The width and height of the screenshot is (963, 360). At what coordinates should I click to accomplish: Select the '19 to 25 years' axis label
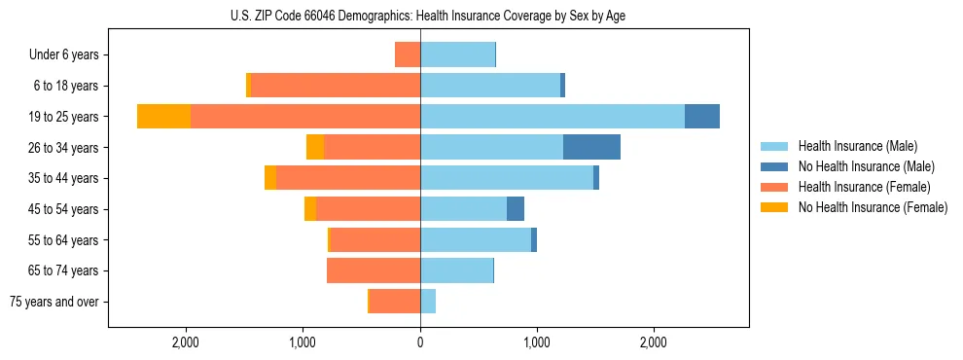click(x=63, y=117)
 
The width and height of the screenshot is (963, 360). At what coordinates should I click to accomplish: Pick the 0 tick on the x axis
click(x=420, y=342)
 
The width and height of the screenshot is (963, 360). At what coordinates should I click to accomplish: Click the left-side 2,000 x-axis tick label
click(x=185, y=342)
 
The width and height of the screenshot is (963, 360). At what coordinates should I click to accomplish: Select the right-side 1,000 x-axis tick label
click(x=537, y=342)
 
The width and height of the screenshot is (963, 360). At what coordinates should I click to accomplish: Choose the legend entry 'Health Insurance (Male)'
click(x=856, y=146)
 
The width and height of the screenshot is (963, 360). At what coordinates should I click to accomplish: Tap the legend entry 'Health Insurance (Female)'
click(x=864, y=187)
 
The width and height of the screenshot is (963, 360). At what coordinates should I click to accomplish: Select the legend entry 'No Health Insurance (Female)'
click(x=873, y=207)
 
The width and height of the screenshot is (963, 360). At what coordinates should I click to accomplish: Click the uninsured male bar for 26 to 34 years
click(x=591, y=147)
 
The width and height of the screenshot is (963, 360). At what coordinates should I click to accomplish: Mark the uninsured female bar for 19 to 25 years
click(x=163, y=117)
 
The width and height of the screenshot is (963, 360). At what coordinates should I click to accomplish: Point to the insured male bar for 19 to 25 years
click(x=553, y=117)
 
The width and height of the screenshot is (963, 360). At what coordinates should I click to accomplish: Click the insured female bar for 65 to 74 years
click(x=374, y=270)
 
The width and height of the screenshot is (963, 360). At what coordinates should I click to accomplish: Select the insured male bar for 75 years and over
click(x=428, y=302)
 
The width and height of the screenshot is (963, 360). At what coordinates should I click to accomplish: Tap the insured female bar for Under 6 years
click(x=408, y=55)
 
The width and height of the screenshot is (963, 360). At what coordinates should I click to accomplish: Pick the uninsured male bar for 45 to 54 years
click(x=516, y=209)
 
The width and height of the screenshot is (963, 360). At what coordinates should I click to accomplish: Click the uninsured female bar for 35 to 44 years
click(x=270, y=178)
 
